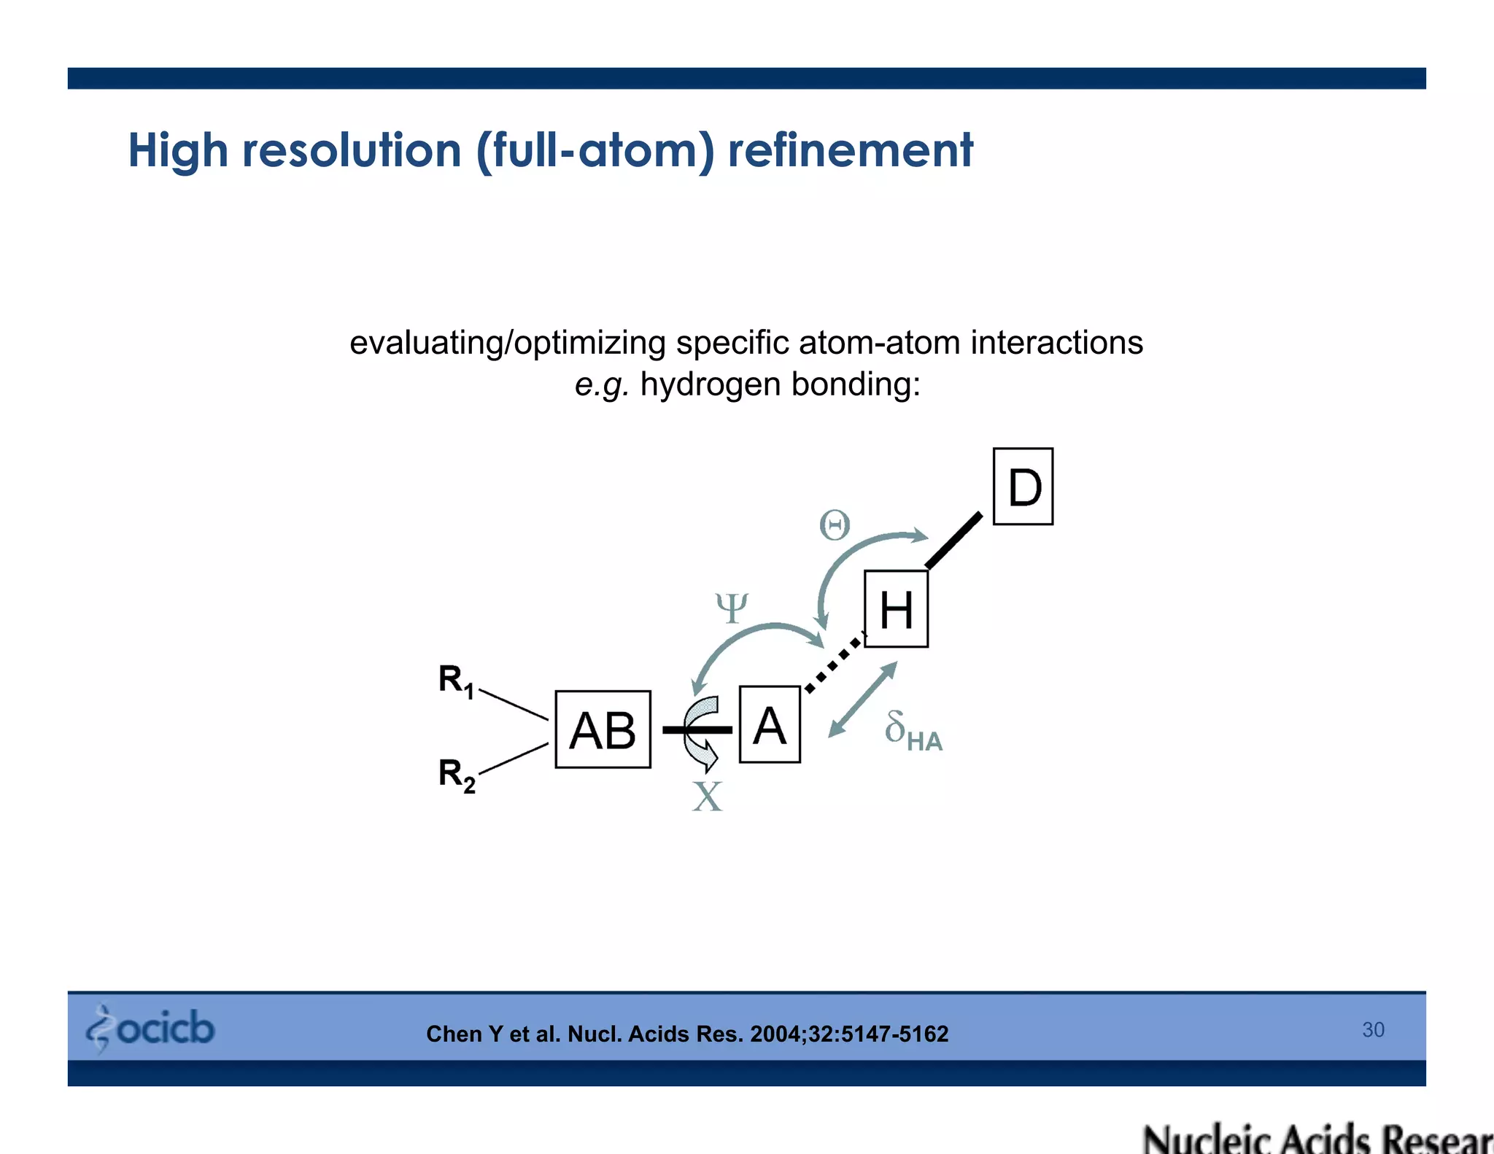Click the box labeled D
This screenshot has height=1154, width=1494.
pyautogui.click(x=1023, y=487)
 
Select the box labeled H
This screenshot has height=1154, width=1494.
pyautogui.click(x=896, y=609)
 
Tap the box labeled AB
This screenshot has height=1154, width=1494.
pyautogui.click(x=603, y=729)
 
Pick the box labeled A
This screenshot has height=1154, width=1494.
pyautogui.click(x=770, y=725)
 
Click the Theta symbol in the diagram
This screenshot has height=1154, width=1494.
pyautogui.click(x=835, y=525)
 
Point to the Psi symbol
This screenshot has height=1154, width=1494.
pyautogui.click(x=732, y=607)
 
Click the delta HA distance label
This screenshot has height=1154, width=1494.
pyautogui.click(x=913, y=731)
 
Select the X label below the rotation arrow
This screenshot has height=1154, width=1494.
pyautogui.click(x=707, y=797)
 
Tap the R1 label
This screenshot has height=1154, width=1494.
pyautogui.click(x=456, y=681)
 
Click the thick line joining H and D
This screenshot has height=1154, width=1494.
pyautogui.click(x=954, y=540)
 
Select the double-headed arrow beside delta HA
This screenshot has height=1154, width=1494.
pyautogui.click(x=862, y=700)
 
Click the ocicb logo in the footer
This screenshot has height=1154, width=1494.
pyautogui.click(x=151, y=1029)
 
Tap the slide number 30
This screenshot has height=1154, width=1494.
pyautogui.click(x=1373, y=1029)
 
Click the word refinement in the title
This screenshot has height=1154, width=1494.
pyautogui.click(x=850, y=150)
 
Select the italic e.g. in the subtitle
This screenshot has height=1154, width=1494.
pyautogui.click(x=601, y=384)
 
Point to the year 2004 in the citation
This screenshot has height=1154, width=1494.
pyautogui.click(x=776, y=1034)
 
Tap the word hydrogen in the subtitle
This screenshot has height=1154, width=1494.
pyautogui.click(x=711, y=384)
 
